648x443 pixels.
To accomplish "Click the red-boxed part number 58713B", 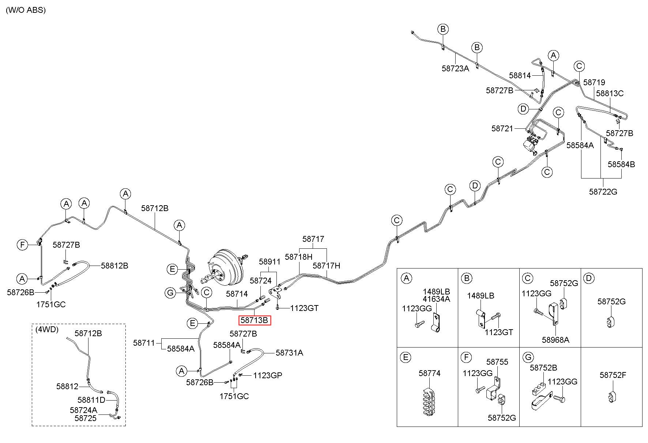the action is tap(254, 320).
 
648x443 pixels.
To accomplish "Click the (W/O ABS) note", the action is tap(26, 10).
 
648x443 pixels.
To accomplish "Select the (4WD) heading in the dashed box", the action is tap(47, 329).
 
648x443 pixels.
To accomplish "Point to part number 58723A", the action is tap(455, 68).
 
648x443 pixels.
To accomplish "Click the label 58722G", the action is tap(603, 191).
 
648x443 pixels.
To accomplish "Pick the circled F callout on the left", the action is tap(23, 244).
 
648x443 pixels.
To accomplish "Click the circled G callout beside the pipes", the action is tap(170, 293).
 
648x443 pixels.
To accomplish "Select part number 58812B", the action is tap(114, 266).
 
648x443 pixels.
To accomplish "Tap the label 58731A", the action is tap(289, 353).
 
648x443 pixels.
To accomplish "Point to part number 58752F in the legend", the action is tap(613, 375).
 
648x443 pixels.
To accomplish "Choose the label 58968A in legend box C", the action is tap(555, 339).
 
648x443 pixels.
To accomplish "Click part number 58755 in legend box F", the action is tap(497, 362).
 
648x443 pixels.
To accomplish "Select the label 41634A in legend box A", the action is tap(437, 299).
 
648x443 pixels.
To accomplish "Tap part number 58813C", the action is tap(610, 93).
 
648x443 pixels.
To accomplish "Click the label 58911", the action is tap(270, 262).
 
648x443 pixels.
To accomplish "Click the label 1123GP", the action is tap(268, 375).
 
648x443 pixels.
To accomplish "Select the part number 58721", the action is tap(502, 128).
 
